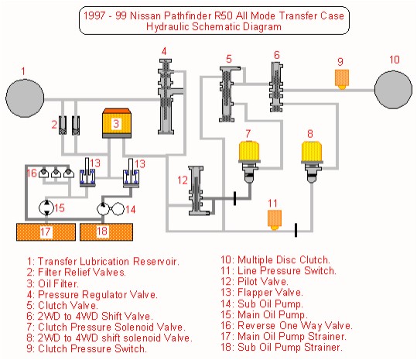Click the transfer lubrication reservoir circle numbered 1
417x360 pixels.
(x=25, y=98)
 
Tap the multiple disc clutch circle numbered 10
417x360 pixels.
(x=393, y=90)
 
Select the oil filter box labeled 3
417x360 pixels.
(x=117, y=123)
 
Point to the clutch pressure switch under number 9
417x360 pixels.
(x=342, y=79)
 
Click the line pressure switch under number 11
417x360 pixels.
(x=275, y=220)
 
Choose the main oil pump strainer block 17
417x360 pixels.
(x=46, y=232)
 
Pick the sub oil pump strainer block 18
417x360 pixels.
(x=107, y=232)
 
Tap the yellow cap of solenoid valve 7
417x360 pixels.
(x=248, y=151)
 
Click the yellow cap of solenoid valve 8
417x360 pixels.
(x=312, y=151)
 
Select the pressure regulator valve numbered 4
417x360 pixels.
(x=166, y=97)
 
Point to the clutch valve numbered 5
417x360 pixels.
(x=227, y=94)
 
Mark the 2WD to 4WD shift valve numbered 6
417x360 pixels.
(x=277, y=87)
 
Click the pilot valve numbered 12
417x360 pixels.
(x=197, y=190)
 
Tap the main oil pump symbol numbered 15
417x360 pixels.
(x=46, y=207)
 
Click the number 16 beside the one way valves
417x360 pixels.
(x=32, y=173)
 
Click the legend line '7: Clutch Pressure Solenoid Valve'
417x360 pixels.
(x=106, y=327)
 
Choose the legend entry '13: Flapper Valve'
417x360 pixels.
(x=261, y=293)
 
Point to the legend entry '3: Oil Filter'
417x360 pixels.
(x=53, y=283)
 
